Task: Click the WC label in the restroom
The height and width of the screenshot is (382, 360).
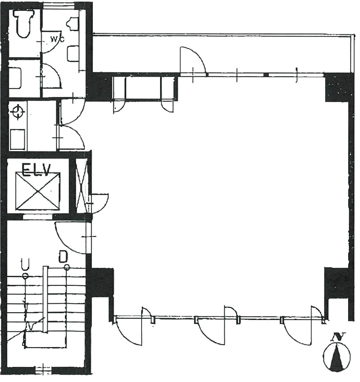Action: click(x=58, y=39)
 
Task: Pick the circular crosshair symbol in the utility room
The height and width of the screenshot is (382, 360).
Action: click(x=18, y=112)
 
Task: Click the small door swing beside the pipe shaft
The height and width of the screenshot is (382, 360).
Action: click(x=100, y=202)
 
